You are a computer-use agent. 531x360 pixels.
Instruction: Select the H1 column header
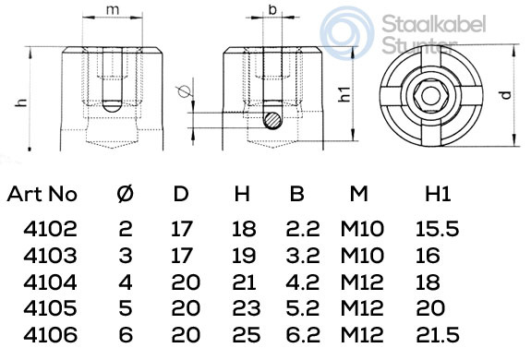(x=437, y=195)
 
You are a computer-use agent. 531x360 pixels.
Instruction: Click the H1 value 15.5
(x=438, y=228)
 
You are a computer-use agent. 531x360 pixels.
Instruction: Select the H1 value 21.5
(x=438, y=339)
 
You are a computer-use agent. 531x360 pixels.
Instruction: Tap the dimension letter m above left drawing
(x=113, y=9)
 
